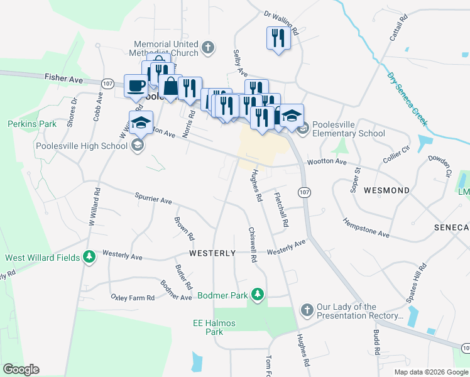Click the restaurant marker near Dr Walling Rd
point(278,38)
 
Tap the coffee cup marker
point(136,86)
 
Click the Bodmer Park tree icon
point(257,294)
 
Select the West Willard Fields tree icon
point(89,257)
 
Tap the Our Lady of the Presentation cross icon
point(306,310)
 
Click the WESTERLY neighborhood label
point(212,253)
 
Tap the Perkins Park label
point(28,124)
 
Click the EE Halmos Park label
point(214,327)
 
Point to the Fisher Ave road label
point(64,79)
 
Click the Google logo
point(21,369)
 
